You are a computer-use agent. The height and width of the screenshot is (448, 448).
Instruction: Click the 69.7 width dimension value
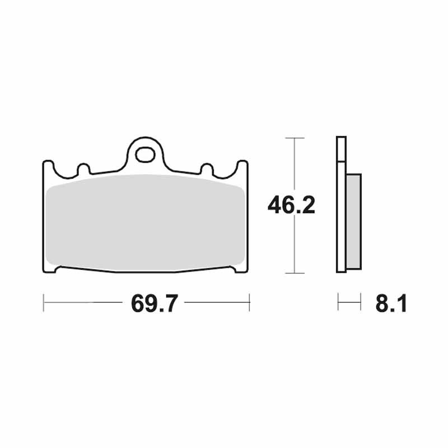(155, 304)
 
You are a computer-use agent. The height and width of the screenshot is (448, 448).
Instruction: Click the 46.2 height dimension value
(291, 205)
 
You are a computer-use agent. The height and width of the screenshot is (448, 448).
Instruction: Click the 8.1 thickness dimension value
(391, 304)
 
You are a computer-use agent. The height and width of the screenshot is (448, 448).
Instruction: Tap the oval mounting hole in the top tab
(146, 155)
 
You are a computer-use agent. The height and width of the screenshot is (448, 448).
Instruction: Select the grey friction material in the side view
(354, 221)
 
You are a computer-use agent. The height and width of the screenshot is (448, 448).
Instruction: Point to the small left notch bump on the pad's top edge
(83, 169)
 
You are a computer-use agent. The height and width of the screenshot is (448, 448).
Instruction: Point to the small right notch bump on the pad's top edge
(207, 169)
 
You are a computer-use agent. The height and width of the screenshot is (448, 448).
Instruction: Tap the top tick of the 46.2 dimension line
(295, 138)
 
